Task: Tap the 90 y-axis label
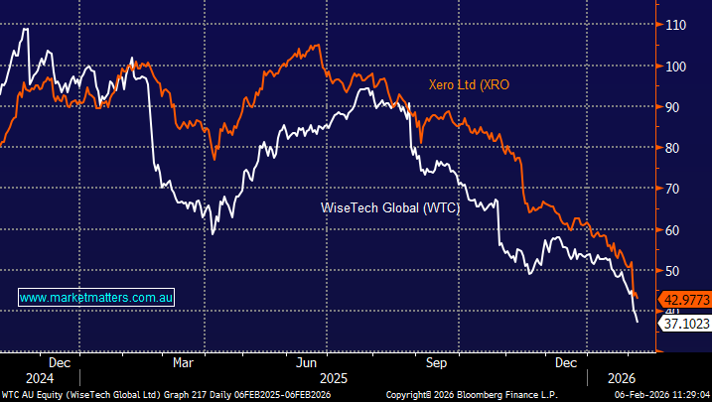(677, 106)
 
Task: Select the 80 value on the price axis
(677, 147)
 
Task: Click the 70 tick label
(677, 189)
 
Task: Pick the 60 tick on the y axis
(677, 229)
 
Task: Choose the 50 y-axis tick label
(677, 270)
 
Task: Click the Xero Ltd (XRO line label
(469, 85)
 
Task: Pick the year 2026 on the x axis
(609, 378)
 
